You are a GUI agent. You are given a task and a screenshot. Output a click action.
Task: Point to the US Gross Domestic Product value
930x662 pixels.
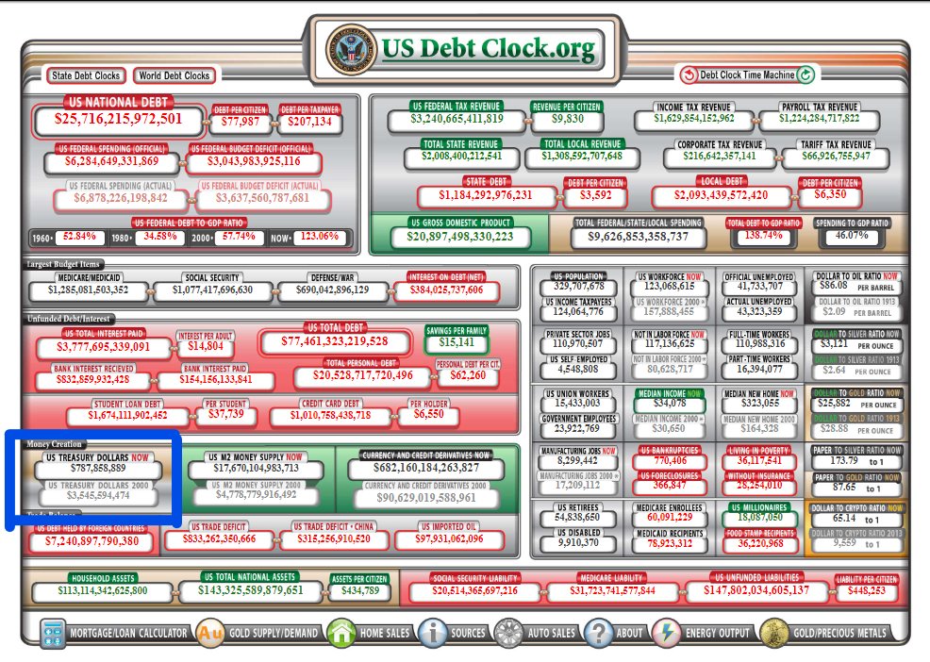461,236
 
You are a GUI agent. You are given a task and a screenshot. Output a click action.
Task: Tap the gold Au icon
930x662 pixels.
209,633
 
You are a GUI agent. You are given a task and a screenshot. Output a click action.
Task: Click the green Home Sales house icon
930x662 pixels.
340,633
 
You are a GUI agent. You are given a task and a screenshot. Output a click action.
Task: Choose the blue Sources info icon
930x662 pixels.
432,633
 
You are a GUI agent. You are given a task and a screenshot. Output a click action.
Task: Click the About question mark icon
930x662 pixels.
598,633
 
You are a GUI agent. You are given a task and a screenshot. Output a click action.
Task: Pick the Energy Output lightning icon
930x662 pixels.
667,633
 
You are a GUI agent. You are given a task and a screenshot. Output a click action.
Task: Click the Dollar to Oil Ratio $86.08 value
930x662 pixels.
834,286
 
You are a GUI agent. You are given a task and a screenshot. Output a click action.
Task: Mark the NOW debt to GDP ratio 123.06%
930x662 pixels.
317,236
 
